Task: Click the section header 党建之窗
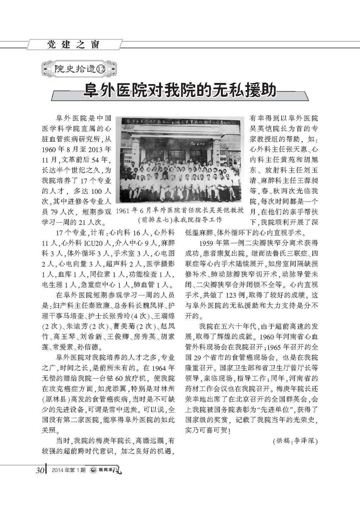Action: (73, 45)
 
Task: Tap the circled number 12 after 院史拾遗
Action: (101, 69)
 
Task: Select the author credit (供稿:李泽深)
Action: (295, 441)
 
